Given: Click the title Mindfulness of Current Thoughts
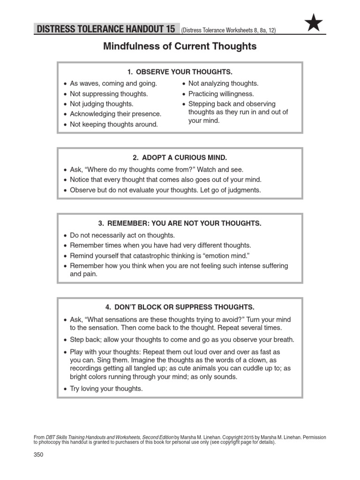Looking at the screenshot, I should pyautogui.click(x=180, y=46).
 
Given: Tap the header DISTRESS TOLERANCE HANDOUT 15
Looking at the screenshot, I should pyautogui.click(x=106, y=30).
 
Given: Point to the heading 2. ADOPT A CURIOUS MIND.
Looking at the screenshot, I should pyautogui.click(x=180, y=158).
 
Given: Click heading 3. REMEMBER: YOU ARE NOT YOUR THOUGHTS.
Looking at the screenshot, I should pyautogui.click(x=180, y=224).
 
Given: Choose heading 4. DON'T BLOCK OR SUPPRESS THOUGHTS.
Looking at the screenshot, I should pyautogui.click(x=180, y=307).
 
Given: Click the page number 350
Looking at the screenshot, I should pyautogui.click(x=39, y=455).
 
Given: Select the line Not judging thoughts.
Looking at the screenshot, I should pyautogui.click(x=101, y=104).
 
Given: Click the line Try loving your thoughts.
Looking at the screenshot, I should pyautogui.click(x=106, y=389).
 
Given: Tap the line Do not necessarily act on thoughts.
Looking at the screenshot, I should pyautogui.click(x=122, y=235).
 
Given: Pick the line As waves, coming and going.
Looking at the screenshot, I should pyautogui.click(x=113, y=83).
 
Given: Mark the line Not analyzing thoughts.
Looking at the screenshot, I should pyautogui.click(x=223, y=83).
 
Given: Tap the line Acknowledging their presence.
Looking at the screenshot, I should pyautogui.click(x=115, y=114).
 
